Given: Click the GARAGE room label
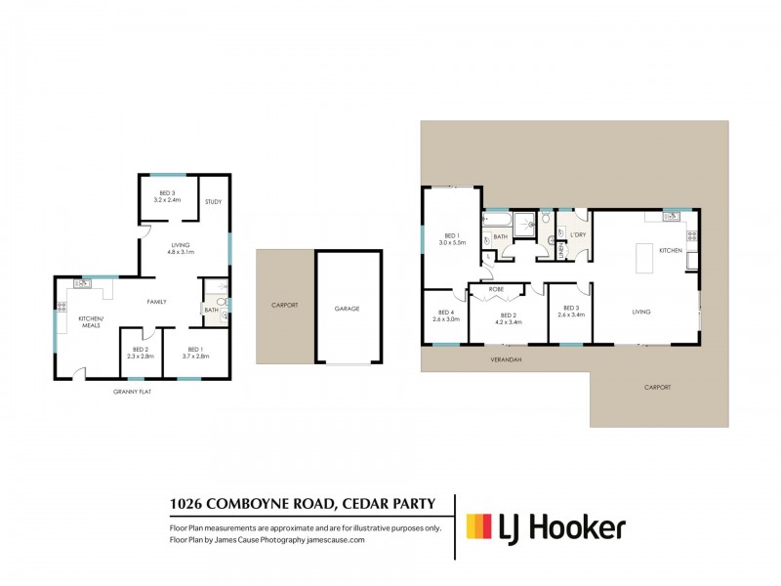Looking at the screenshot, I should pyautogui.click(x=348, y=309).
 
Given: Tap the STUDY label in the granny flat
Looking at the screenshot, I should pyautogui.click(x=213, y=202).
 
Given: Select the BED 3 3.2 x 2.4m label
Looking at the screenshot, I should pyautogui.click(x=167, y=196).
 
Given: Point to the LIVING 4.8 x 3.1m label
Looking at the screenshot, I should pyautogui.click(x=181, y=249).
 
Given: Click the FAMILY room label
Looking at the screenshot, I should pyautogui.click(x=157, y=302).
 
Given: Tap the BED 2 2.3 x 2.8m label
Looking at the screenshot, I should pyautogui.click(x=141, y=353).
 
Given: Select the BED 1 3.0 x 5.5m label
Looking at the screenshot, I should pyautogui.click(x=452, y=238).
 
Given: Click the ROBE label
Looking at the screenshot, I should pyautogui.click(x=497, y=290).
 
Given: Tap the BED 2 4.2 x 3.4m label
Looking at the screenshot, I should pyautogui.click(x=509, y=317).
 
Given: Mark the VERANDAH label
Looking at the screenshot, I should pyautogui.click(x=506, y=359).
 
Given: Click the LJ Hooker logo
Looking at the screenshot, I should pyautogui.click(x=546, y=528).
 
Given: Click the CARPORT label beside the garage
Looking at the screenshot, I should pyautogui.click(x=284, y=306).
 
